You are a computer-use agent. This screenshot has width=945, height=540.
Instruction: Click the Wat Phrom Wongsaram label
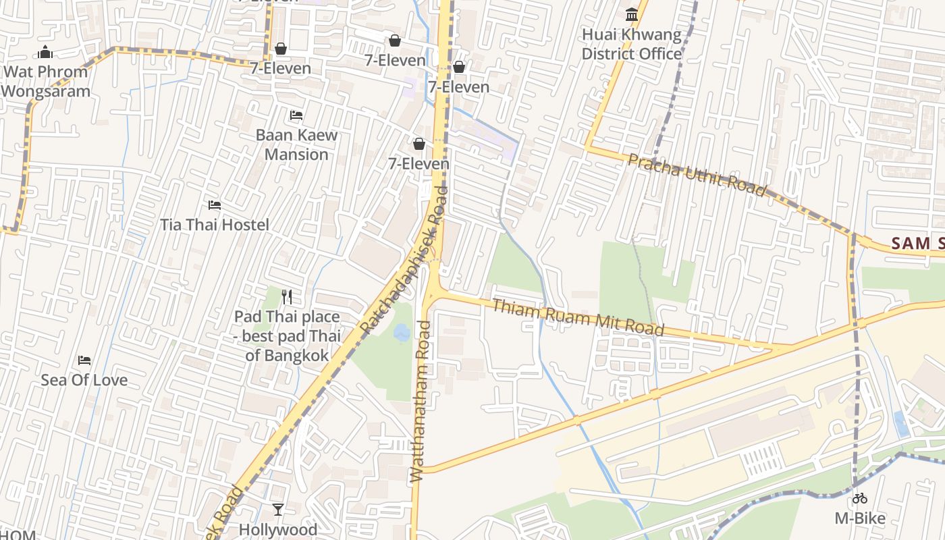coord(46,82)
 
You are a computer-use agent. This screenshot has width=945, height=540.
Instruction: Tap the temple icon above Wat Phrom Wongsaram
coord(45,52)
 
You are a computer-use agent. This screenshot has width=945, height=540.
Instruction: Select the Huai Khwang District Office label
coord(632,45)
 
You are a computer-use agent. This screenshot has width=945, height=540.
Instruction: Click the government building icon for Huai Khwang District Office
coord(632,14)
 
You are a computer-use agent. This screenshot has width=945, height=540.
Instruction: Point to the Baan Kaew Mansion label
coord(296,144)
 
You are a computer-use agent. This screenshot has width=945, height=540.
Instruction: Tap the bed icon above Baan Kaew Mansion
coord(296,115)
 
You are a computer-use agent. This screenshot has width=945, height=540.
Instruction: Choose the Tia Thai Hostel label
coord(215,225)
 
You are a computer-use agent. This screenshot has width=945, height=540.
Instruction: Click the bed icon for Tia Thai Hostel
coord(215,205)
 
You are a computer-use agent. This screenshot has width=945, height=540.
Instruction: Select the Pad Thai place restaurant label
coord(287,335)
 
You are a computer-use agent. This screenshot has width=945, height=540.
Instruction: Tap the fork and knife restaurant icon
coord(287,296)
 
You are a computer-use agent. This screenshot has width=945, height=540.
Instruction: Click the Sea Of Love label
coord(84,380)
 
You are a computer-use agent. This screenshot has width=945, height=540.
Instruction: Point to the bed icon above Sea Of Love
coord(84,360)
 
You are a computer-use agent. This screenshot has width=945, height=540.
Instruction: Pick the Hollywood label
coord(277,530)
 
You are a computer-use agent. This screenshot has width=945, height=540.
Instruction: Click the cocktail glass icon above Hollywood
coord(277,510)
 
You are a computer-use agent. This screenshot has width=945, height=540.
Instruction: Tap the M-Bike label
coord(859,518)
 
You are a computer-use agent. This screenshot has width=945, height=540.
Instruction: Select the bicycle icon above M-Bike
coord(859,499)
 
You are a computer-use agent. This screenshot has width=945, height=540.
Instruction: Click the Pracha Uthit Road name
coord(697,175)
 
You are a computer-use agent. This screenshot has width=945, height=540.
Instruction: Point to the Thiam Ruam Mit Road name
coord(578,317)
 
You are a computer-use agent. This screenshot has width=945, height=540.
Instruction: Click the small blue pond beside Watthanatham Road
coord(401,332)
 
